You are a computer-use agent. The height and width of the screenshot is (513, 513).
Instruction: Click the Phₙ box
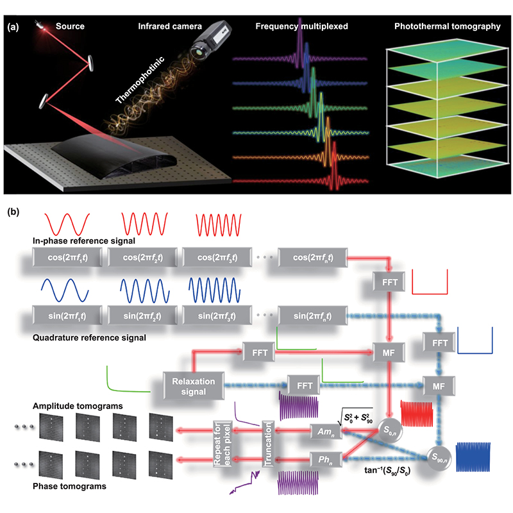click(x=324, y=460)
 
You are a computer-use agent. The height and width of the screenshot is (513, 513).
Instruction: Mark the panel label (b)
click(x=15, y=212)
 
